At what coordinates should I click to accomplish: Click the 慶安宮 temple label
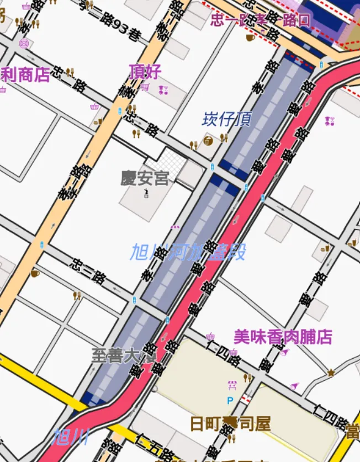[145, 178]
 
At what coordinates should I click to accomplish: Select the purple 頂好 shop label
[145, 72]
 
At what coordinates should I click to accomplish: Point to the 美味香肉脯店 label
[283, 337]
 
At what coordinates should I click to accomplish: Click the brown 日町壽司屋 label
[230, 424]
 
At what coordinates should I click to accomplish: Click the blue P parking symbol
[230, 400]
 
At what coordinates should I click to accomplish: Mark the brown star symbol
[331, 373]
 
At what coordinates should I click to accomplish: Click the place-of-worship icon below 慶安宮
[146, 193]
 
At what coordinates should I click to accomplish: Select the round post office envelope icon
[24, 43]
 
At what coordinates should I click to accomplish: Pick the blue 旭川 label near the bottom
[70, 438]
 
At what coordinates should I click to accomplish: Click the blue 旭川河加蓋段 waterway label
[188, 252]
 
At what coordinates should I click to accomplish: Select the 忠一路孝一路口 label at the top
[260, 20]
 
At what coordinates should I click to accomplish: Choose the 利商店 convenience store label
[25, 76]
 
